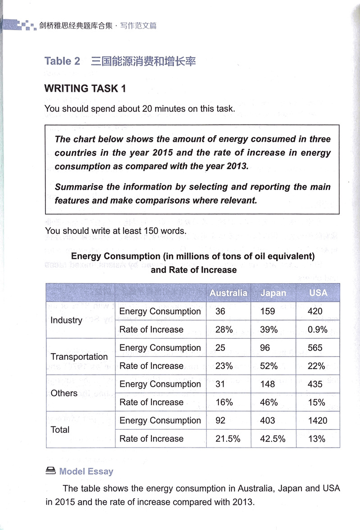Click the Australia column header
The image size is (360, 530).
[228, 293]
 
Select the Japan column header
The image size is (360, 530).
[273, 293]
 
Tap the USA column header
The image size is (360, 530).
[318, 293]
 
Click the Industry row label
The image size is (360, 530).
[66, 320]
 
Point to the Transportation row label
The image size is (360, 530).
[79, 357]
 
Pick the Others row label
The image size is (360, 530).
[64, 393]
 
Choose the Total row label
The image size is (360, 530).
[60, 430]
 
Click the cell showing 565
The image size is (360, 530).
[315, 348]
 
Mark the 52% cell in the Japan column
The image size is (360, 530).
[269, 366]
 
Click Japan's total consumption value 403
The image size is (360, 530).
[269, 421]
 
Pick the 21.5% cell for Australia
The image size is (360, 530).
[228, 439]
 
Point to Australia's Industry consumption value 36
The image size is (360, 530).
[220, 311]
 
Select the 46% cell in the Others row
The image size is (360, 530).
[269, 402]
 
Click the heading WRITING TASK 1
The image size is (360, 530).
[85, 88]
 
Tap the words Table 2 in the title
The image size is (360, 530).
[62, 61]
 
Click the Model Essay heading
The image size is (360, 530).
[86, 471]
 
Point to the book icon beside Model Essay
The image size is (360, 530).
[50, 471]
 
